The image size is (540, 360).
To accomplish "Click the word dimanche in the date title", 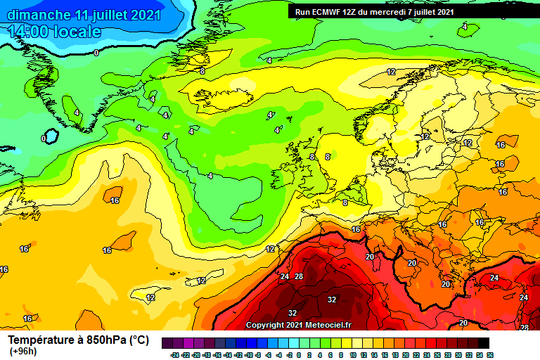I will tap(39, 15).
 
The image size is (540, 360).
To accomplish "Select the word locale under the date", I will tap(79, 32).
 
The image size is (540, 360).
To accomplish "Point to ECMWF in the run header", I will tap(328, 12).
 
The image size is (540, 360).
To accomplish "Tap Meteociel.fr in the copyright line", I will tap(329, 326).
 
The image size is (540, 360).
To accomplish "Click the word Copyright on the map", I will tap(265, 326).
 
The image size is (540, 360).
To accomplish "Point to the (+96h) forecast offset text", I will tap(22, 351).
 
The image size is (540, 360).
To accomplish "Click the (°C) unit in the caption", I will tap(139, 340).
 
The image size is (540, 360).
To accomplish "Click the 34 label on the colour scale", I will tap(479, 354).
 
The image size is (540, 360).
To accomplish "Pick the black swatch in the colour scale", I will tap(484, 344).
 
